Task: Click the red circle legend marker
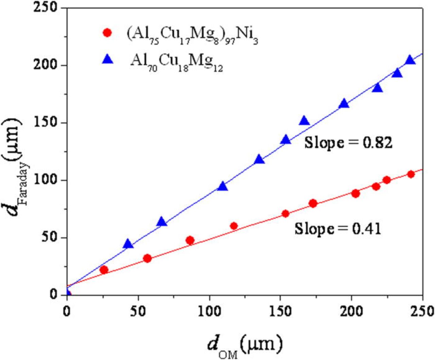coord(107,33)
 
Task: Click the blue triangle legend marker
coord(107,60)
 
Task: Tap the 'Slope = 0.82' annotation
coord(348,142)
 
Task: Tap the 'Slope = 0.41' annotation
coord(338,229)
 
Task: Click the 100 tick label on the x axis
coord(209,311)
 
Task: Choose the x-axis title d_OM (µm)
coord(245,346)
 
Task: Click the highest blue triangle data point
coord(410,60)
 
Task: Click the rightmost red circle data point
coord(411,174)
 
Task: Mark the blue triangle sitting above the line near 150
coord(304,120)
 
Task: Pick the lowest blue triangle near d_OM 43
coord(128,244)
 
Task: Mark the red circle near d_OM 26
coord(104,270)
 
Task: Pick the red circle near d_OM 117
coord(234,226)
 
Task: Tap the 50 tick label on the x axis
coord(138,311)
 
